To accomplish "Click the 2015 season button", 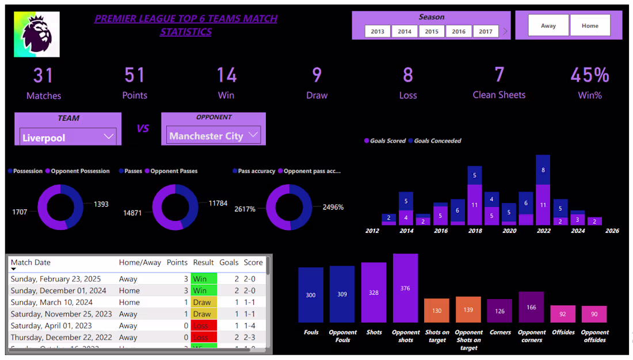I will [x=432, y=32].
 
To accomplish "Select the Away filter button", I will [x=548, y=26].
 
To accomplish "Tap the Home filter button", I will [x=590, y=26].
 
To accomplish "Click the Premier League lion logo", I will [x=37, y=35].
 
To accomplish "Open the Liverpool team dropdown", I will [x=68, y=137].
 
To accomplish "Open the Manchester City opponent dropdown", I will [x=213, y=136].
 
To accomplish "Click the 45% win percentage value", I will [x=590, y=75].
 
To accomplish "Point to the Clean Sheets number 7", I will [x=499, y=75].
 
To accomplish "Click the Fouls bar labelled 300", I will [x=311, y=294].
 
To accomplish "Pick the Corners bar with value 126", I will [x=499, y=311].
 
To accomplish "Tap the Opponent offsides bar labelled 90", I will [x=594, y=314].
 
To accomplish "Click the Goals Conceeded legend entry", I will [x=437, y=141].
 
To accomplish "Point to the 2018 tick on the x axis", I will [x=475, y=231].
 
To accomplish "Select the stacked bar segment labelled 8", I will [x=543, y=170].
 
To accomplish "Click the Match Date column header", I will [x=30, y=262].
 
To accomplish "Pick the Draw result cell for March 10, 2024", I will [x=203, y=302].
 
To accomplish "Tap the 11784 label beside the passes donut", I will [x=218, y=203].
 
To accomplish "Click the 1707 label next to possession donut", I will [x=20, y=212].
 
